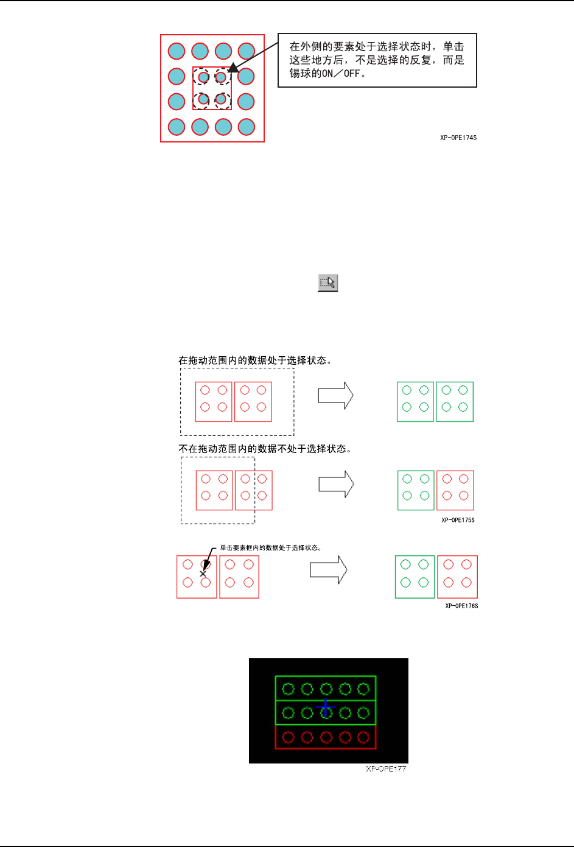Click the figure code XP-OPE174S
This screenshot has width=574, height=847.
tap(458, 138)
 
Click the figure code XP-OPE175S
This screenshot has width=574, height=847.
tap(458, 520)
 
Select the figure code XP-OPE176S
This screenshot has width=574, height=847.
tap(461, 606)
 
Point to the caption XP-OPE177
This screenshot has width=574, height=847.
tap(386, 769)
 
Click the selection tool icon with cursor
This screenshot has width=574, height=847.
tap(327, 283)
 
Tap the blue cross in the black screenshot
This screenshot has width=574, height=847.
tap(326, 708)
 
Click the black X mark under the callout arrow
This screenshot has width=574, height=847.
tap(203, 574)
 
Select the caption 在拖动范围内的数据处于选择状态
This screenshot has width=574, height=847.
tap(254, 360)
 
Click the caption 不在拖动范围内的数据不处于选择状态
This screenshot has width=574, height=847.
tap(265, 449)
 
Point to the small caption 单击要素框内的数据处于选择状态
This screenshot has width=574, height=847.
tap(270, 548)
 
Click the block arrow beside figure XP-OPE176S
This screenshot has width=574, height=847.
tap(329, 570)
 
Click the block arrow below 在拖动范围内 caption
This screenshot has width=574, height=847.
tap(335, 396)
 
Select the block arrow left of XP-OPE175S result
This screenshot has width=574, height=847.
tap(336, 484)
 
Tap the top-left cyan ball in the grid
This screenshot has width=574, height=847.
tap(177, 51)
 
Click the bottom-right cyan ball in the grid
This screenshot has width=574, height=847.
tap(247, 127)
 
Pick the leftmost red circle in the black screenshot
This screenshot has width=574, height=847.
tap(289, 737)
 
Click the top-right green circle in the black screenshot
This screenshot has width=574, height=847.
tap(363, 689)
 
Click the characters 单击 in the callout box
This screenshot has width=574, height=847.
tap(453, 47)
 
